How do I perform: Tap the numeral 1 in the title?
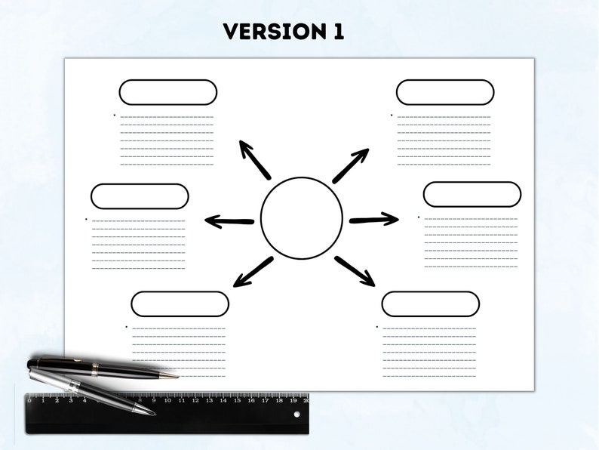336,31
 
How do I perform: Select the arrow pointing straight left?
229,222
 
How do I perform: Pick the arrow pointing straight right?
373,220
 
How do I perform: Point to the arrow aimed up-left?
254,159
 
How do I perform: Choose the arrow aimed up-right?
350,165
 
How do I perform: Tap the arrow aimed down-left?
253,272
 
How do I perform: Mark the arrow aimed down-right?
355,271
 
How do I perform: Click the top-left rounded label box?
167,92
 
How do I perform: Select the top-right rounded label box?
445,92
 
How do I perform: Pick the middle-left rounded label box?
140,196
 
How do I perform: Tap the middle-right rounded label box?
472,194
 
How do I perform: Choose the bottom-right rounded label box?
430,304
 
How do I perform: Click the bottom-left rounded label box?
180,304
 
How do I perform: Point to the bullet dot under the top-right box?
391,115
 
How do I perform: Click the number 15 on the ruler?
238,401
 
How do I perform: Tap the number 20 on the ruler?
306,401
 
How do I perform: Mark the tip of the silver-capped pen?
154,413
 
